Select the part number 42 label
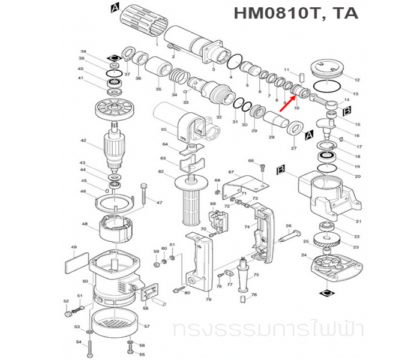pos(84,142)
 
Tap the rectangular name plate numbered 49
pos(74,262)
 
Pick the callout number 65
pos(163,129)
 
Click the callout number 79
pos(208,299)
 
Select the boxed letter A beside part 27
pos(310,137)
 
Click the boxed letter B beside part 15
pos(347,111)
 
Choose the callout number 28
pos(272,137)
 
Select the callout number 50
pos(85,281)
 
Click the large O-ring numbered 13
pos(328,88)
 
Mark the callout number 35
pos(158,89)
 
